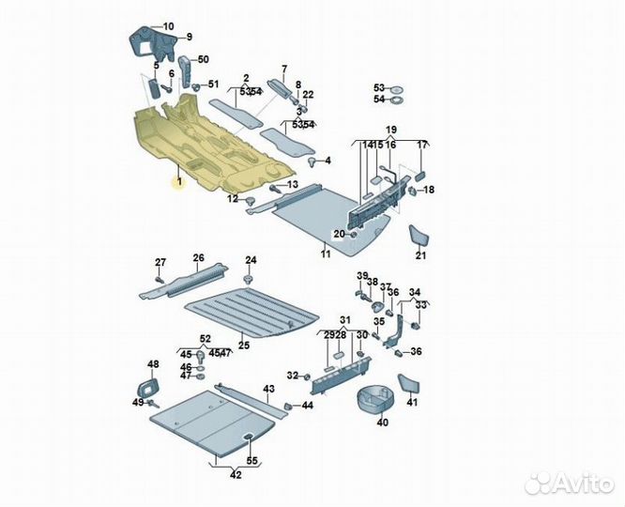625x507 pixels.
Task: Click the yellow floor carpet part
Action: click(x=202, y=146)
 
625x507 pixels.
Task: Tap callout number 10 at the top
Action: click(x=168, y=25)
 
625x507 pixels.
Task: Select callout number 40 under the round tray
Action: click(x=382, y=422)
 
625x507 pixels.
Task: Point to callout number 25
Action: click(x=243, y=346)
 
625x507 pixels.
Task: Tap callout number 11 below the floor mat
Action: click(x=326, y=253)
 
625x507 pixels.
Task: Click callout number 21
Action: click(x=420, y=255)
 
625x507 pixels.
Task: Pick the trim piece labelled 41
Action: click(x=409, y=384)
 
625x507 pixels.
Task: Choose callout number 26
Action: click(x=198, y=257)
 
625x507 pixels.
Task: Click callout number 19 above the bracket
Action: click(x=390, y=129)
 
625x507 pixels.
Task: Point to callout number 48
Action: click(x=153, y=364)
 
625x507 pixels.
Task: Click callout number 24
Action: click(x=250, y=259)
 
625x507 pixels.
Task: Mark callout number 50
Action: click(x=204, y=59)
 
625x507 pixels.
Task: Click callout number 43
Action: click(x=268, y=388)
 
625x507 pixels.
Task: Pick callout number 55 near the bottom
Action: click(x=251, y=460)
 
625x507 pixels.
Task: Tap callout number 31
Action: click(x=344, y=319)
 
